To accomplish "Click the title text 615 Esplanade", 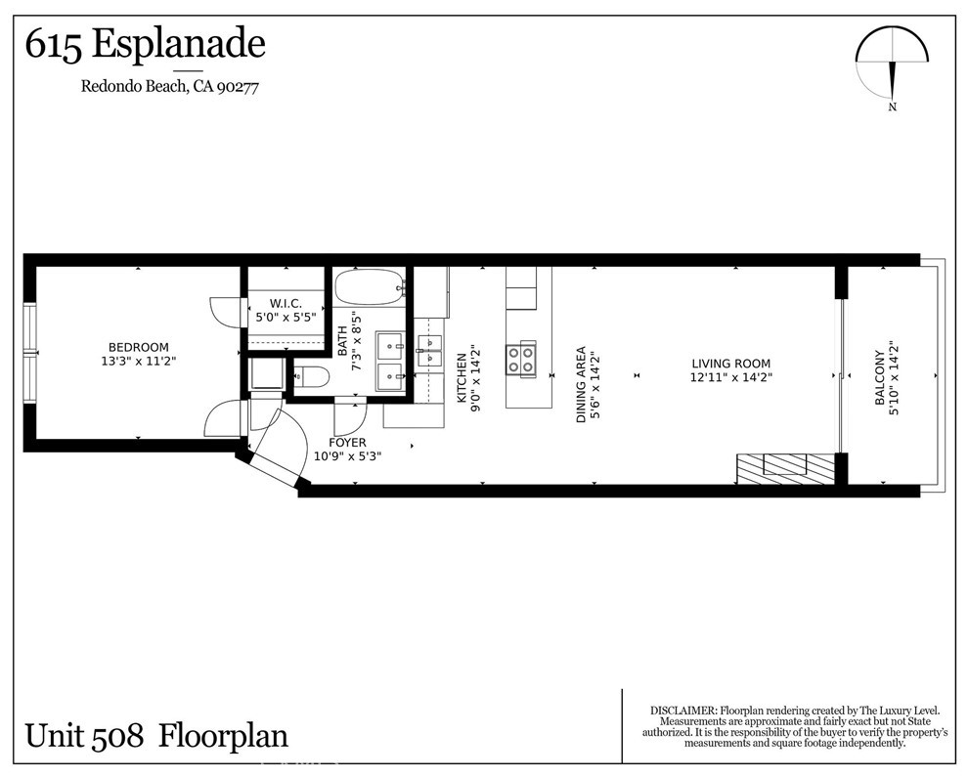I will coord(145,45).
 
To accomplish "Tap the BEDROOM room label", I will coord(138,354).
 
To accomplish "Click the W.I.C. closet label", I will coord(286,310).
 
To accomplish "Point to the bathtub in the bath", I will coord(370,287).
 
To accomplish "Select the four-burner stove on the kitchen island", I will coord(520,359).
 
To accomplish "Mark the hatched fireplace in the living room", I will coord(785,468).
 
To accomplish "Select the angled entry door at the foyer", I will coord(276,466).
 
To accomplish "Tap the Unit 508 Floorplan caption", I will coord(156,735).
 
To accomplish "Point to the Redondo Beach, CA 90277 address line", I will coord(168,86).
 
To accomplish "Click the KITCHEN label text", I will coord(462,378).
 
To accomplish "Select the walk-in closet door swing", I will coord(224,311).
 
